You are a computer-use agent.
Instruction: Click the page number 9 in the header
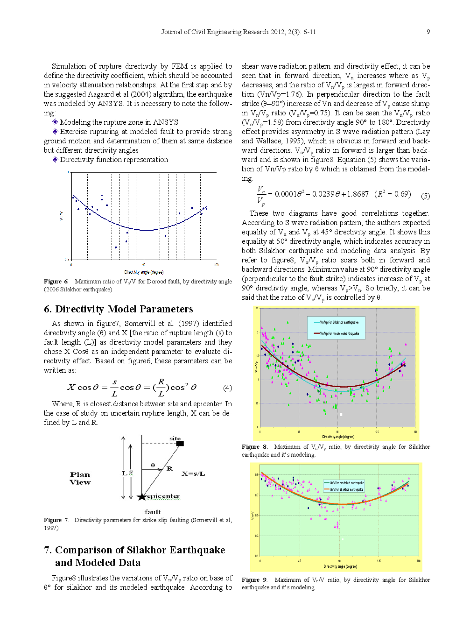click(x=428, y=32)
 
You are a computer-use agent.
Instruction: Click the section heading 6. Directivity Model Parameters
click(x=119, y=309)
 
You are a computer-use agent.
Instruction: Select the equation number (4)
click(x=227, y=388)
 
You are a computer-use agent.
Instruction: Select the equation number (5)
click(x=425, y=196)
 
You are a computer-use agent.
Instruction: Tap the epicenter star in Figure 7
click(x=142, y=497)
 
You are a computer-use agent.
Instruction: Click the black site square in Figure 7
click(x=180, y=443)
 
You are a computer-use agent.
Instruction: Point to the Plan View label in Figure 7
click(x=80, y=478)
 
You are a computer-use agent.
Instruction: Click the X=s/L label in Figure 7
click(x=193, y=474)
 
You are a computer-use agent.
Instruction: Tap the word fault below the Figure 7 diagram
click(x=153, y=512)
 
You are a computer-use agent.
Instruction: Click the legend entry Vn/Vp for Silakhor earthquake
click(x=339, y=322)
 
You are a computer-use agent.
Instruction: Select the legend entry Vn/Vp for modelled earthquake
click(x=339, y=333)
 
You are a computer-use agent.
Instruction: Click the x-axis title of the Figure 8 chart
click(x=338, y=437)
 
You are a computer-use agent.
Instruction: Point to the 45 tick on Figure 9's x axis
click(x=300, y=561)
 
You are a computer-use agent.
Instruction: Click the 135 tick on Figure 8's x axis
click(x=377, y=431)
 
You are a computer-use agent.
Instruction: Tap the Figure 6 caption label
click(x=56, y=282)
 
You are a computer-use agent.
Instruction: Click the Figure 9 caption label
click(x=254, y=580)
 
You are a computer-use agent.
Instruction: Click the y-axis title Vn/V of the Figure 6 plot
click(x=61, y=216)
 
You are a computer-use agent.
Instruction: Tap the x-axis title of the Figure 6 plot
click(x=144, y=272)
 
